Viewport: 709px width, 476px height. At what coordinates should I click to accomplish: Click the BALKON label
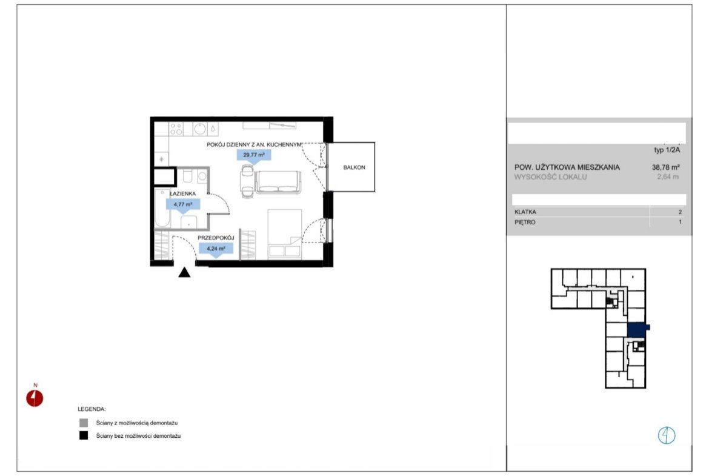point(354,167)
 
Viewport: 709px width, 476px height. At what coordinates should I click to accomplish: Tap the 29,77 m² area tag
point(254,156)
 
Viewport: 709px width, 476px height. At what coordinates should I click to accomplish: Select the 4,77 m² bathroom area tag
point(183,205)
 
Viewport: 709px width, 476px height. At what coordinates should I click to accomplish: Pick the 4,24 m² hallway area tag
point(216,249)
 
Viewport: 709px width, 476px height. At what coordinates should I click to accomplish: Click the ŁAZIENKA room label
point(182,193)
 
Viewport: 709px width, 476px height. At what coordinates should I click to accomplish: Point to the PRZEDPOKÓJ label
point(216,238)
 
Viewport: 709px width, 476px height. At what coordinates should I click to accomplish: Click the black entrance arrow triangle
point(184,272)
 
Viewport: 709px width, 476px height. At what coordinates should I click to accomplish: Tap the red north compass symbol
point(35,398)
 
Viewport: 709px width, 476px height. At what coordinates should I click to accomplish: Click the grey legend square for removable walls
point(84,423)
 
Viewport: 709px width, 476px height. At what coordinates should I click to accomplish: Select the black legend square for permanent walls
point(84,436)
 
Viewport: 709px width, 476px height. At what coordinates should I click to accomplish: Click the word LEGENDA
point(92,409)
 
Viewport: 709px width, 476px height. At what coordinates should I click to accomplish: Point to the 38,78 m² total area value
point(665,167)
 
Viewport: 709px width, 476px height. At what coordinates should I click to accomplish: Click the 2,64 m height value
point(668,177)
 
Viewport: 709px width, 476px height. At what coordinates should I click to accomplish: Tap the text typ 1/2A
point(667,150)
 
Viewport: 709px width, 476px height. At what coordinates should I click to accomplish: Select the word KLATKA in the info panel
point(525,212)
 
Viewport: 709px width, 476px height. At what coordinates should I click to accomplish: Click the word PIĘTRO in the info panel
point(525,222)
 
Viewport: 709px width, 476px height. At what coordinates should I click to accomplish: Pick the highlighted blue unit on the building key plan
point(637,330)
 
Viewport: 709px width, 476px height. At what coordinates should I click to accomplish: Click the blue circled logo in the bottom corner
point(667,436)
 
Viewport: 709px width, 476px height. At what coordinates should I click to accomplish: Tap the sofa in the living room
point(278,183)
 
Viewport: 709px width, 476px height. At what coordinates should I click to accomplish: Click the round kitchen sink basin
point(200,129)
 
